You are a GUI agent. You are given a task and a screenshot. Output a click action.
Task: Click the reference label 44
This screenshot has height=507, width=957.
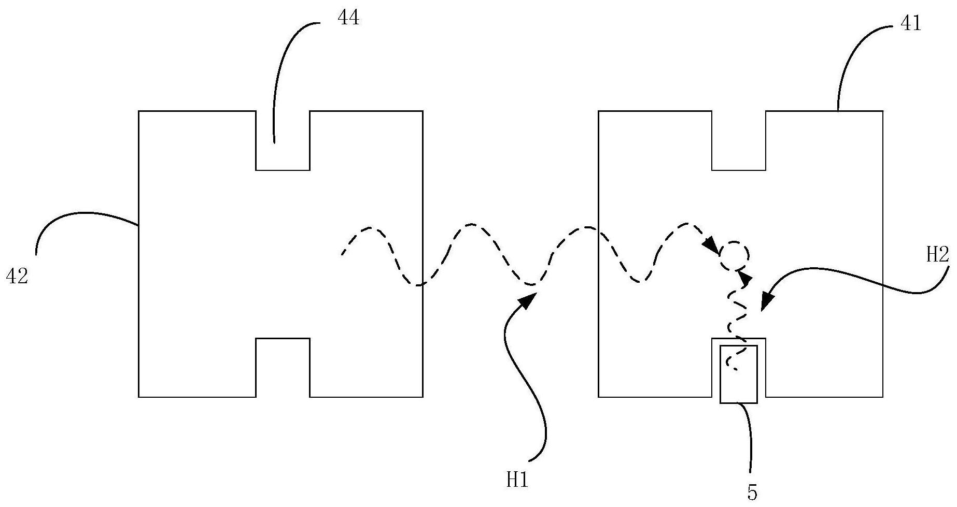pos(348,19)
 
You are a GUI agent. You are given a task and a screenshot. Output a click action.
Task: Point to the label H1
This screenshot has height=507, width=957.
pos(517,481)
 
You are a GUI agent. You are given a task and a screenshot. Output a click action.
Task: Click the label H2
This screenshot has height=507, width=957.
pos(937,255)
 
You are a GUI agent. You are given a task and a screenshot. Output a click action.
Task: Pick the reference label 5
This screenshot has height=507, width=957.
pos(752,493)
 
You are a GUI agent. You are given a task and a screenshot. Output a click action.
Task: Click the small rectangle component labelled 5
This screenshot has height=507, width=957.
pos(739,374)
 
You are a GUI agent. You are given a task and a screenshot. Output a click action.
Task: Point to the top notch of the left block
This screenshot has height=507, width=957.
pos(283,140)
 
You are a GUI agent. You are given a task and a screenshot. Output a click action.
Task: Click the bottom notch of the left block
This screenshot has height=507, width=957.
pos(283,368)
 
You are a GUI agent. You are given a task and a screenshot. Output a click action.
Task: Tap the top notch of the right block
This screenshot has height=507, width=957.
pos(739,140)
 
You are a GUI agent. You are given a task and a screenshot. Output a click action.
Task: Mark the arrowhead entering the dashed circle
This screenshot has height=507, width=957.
pos(712,245)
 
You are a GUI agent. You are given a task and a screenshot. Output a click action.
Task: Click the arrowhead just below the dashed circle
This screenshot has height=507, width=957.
pos(745,279)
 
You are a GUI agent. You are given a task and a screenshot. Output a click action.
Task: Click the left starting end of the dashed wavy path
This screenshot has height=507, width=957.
pos(342,254)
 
